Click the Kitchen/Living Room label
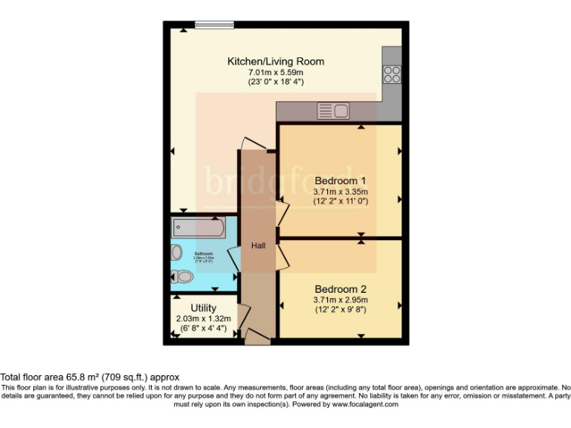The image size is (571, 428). (x=276, y=61)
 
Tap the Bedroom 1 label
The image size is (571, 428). (x=341, y=181)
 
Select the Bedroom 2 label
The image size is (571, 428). (x=341, y=289)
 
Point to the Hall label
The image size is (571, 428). (x=258, y=246)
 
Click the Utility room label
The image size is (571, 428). (x=203, y=308)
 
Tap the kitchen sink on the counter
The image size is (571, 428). (x=333, y=111)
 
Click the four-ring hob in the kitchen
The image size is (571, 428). (x=392, y=74)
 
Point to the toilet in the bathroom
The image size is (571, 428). (x=181, y=276)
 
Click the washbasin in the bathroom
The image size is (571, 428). (x=176, y=253)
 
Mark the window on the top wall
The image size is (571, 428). (x=215, y=25)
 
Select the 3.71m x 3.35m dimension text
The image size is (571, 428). (x=341, y=192)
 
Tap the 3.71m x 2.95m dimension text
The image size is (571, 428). (x=341, y=300)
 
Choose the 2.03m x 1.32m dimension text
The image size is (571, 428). (x=203, y=319)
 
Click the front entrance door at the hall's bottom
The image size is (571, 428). (x=257, y=338)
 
